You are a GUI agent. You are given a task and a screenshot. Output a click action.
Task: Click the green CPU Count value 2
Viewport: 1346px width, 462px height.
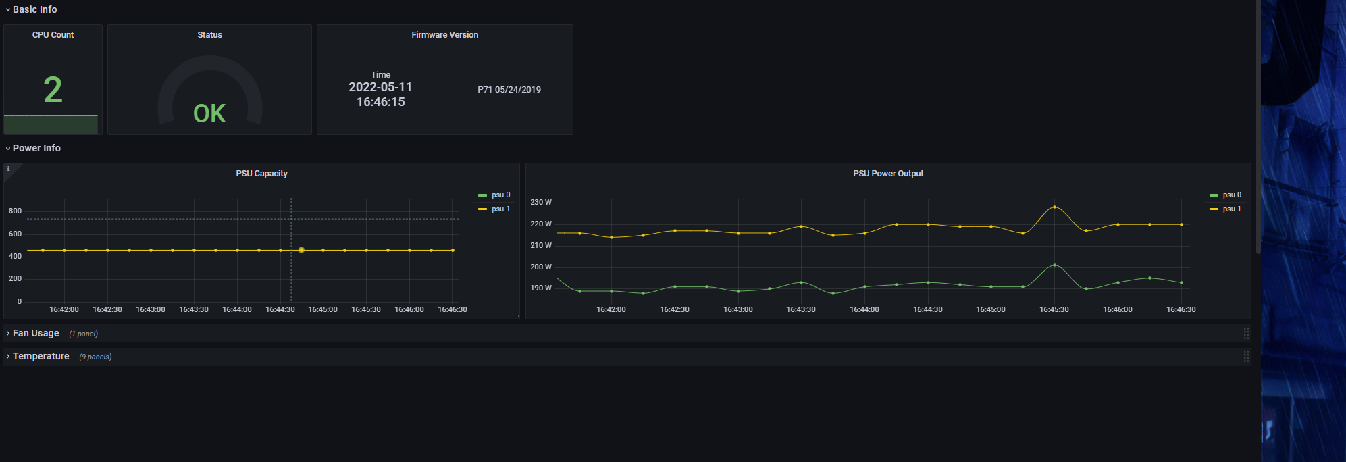pyautogui.click(x=53, y=90)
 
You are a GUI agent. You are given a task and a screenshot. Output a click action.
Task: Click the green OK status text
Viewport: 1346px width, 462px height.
pyautogui.click(x=209, y=113)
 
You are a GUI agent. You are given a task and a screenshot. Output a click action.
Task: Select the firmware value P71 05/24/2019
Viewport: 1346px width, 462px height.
pyautogui.click(x=509, y=90)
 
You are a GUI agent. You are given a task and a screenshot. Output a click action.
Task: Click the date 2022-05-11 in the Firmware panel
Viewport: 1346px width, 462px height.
pyautogui.click(x=380, y=87)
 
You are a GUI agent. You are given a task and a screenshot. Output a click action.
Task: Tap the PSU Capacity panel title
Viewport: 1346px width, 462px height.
pyautogui.click(x=261, y=174)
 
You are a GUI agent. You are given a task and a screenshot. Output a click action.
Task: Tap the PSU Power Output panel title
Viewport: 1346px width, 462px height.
pyautogui.click(x=887, y=174)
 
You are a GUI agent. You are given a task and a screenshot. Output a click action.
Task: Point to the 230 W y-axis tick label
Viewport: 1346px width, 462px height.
pyautogui.click(x=541, y=202)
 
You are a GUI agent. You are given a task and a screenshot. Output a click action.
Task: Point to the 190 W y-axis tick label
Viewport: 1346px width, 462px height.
pyautogui.click(x=541, y=288)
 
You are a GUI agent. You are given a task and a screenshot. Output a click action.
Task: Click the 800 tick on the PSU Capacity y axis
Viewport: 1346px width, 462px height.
pyautogui.click(x=15, y=211)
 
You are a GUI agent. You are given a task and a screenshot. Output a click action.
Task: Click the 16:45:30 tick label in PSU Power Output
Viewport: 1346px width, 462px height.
pyautogui.click(x=1054, y=309)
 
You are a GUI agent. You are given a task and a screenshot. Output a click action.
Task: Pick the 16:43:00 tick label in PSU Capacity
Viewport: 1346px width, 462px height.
pyautogui.click(x=151, y=309)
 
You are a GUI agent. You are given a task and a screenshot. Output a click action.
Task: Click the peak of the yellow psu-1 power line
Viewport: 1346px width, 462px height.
pyautogui.click(x=1054, y=207)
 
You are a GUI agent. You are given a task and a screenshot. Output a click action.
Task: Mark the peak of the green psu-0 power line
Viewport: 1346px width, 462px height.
pyautogui.click(x=1054, y=265)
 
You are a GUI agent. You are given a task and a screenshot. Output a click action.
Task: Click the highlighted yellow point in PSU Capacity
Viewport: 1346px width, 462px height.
pyautogui.click(x=301, y=250)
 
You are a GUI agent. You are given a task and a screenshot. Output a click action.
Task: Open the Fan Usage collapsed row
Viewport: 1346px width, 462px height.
pyautogui.click(x=36, y=333)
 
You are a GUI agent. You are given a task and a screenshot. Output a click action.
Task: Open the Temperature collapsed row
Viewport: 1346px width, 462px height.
pyautogui.click(x=41, y=356)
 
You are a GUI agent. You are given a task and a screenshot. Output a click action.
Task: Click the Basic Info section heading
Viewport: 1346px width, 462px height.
pyautogui.click(x=34, y=9)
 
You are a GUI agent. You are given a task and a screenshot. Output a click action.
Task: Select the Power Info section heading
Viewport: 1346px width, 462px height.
pyautogui.click(x=36, y=148)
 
